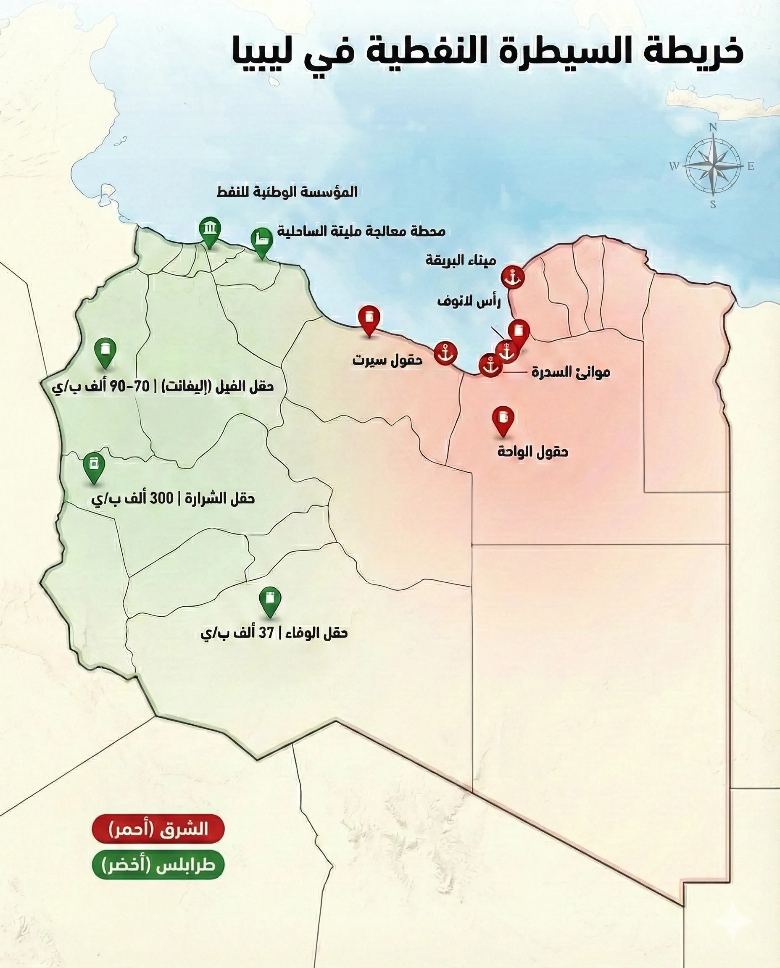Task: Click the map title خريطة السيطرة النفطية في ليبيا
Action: coord(487,53)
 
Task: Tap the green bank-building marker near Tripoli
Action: coord(210,229)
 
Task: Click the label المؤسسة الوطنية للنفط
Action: coord(287,192)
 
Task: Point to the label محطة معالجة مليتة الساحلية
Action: coord(361,231)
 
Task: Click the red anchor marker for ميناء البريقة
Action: coord(512,278)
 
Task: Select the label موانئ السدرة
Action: coord(571,372)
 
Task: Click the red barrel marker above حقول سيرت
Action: coord(369,318)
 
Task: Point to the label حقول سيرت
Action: coord(387,360)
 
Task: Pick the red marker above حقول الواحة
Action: coord(503,418)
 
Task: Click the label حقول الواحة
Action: coord(532,451)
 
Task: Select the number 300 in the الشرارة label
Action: coord(161,498)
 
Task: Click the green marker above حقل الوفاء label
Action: coord(270,599)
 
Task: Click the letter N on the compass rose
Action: coord(713,128)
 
